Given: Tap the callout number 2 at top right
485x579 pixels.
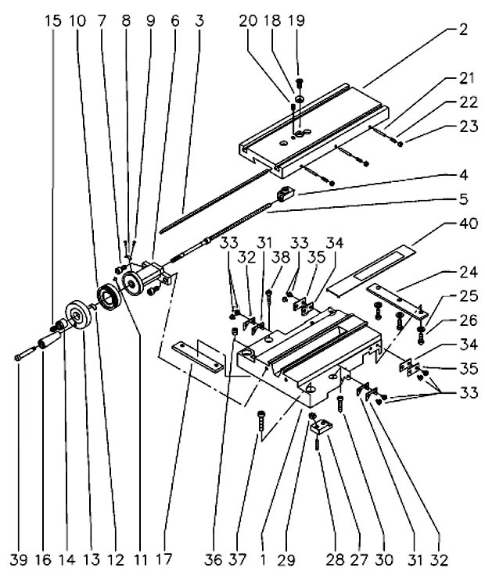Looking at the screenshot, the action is (464, 30).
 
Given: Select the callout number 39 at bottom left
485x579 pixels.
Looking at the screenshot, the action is (19, 559).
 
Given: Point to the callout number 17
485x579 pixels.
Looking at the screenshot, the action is (163, 559).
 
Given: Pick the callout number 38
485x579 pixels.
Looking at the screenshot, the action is (281, 257).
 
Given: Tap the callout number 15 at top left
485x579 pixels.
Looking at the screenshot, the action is (53, 21).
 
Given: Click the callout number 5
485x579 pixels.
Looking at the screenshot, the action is (464, 199).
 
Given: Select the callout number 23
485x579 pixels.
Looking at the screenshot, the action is (469, 127).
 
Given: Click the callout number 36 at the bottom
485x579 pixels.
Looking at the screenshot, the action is (214, 559).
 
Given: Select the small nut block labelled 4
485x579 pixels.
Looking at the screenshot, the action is (286, 194).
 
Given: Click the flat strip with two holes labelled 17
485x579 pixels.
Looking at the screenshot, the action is (197, 357).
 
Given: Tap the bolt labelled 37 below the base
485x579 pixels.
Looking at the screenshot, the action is (261, 420).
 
